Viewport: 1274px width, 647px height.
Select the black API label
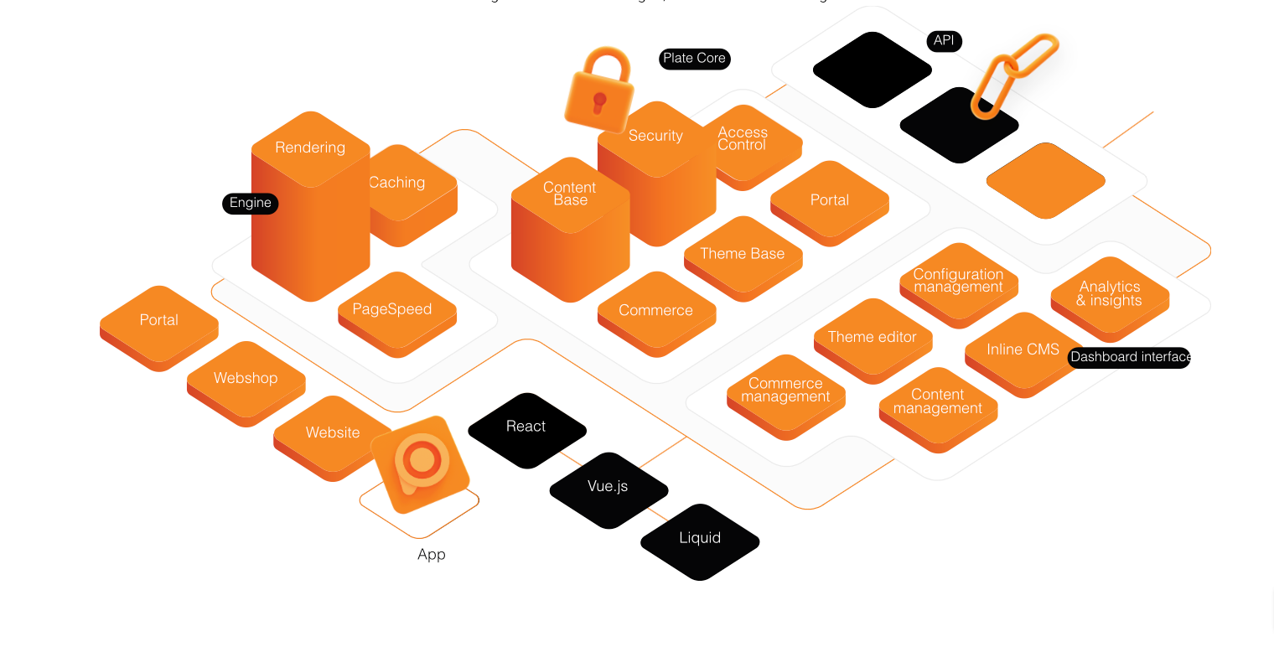[944, 41]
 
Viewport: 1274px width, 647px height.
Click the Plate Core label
[694, 59]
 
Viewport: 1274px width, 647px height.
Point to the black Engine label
[250, 203]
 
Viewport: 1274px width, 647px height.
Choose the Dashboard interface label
[1129, 357]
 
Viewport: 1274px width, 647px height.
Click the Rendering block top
[310, 148]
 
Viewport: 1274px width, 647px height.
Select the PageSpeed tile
[392, 309]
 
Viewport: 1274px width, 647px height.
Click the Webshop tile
[246, 378]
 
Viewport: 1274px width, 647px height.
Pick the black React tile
[526, 427]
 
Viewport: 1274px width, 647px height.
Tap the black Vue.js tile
[609, 486]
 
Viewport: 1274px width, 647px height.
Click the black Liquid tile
[700, 538]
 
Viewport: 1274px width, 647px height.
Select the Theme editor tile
[873, 337]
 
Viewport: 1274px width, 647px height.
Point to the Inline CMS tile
[1023, 349]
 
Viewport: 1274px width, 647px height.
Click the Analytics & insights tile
[1110, 294]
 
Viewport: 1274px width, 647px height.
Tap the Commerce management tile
[785, 391]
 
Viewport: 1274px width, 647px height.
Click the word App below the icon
[432, 555]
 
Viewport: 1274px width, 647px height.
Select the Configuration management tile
[958, 281]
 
